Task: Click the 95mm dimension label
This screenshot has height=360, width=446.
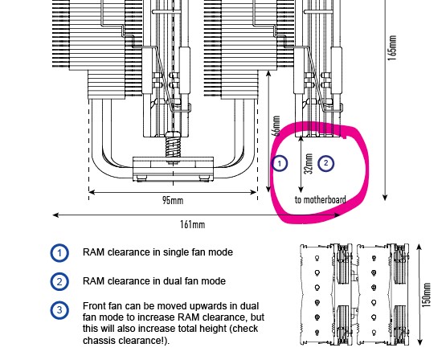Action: tap(173, 200)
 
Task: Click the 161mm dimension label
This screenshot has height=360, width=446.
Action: tap(192, 225)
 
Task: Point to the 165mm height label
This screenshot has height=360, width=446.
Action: tap(391, 48)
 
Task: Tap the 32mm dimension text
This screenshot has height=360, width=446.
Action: tap(309, 163)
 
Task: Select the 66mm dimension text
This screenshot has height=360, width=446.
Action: tap(276, 125)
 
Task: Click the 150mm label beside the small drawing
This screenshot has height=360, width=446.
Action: tap(426, 295)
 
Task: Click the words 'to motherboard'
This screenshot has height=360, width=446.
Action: tap(321, 199)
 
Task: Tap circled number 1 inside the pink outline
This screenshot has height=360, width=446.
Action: tap(280, 163)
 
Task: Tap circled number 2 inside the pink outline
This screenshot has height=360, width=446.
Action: tap(326, 163)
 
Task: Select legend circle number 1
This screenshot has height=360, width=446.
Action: tap(59, 253)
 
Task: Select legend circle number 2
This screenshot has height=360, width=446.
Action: tap(59, 281)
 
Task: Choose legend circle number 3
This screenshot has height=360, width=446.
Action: tap(59, 310)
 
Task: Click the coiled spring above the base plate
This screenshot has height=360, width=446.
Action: tap(173, 146)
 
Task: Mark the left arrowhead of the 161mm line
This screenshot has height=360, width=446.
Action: tap(55, 215)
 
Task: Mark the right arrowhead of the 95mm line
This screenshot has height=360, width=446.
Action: tap(253, 192)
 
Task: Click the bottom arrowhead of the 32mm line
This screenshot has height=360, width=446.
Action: tap(301, 190)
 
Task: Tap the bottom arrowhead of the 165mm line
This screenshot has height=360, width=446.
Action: tap(385, 197)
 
